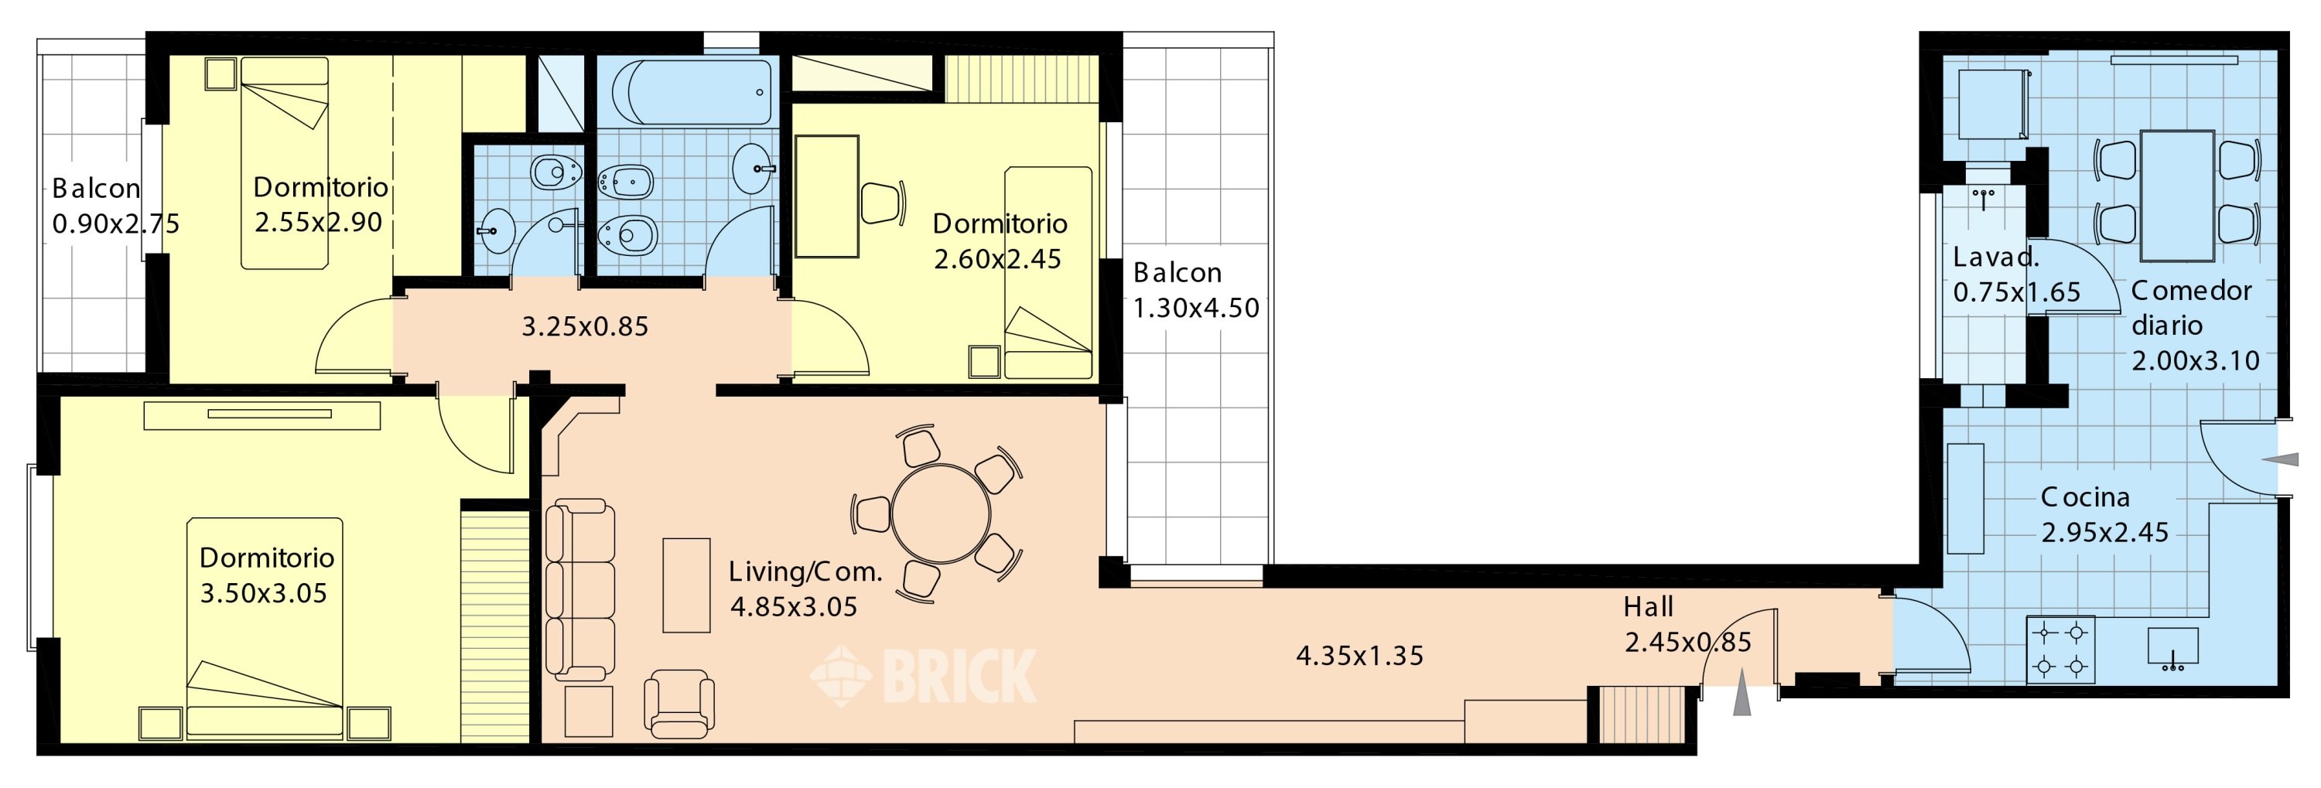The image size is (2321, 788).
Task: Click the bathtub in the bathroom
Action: [x=691, y=91]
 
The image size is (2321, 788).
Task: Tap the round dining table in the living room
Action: [x=941, y=514]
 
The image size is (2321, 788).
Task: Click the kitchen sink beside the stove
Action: [x=2172, y=648]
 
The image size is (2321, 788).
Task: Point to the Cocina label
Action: [x=2085, y=496]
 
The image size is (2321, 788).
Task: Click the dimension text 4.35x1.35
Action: [x=1359, y=656]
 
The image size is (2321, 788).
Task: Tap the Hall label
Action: [x=1648, y=607]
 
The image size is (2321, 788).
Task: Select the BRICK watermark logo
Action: [x=924, y=675]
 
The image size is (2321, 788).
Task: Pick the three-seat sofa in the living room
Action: [x=580, y=590]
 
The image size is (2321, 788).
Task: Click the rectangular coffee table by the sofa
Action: [x=686, y=585]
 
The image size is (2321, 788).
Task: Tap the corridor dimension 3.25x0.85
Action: [x=586, y=326]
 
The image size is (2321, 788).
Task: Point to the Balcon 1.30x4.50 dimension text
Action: [x=1195, y=307]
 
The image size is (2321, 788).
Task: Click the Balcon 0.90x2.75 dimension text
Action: [x=116, y=223]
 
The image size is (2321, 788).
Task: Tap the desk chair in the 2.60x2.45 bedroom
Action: [x=883, y=202]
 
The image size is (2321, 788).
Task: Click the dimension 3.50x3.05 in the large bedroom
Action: [x=263, y=592]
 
